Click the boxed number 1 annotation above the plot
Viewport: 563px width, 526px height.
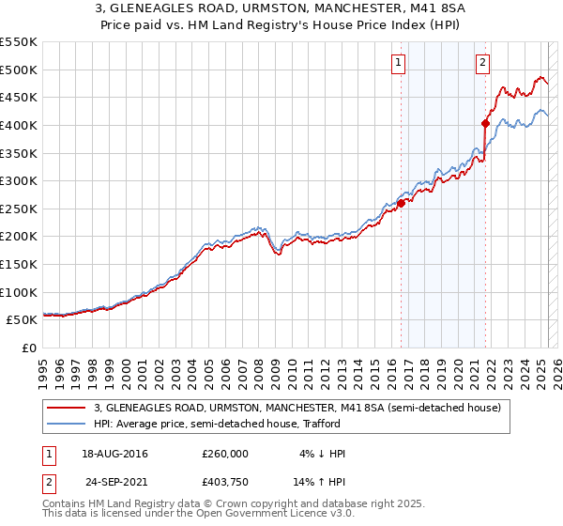(x=399, y=63)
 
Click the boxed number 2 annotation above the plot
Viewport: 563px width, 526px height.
(x=482, y=63)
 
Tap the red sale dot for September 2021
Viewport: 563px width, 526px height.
(x=486, y=123)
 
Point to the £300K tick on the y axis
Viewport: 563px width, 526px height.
(x=19, y=180)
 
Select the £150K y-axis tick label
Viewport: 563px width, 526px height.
(x=19, y=264)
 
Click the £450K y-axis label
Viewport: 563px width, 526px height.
(x=19, y=97)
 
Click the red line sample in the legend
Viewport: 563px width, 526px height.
(x=68, y=408)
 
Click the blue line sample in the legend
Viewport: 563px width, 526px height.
(x=68, y=424)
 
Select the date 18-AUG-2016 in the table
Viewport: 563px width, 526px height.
(x=115, y=454)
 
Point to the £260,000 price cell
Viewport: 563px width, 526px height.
(x=225, y=454)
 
